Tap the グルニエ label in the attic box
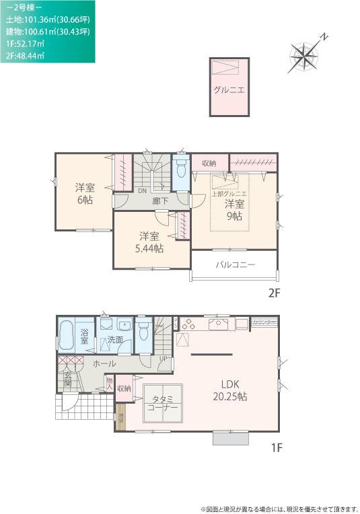(229, 89)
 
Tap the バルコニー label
(235, 265)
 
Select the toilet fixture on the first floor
(143, 332)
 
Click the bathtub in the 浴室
(66, 336)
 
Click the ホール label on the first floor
(104, 363)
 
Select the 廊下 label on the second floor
(159, 200)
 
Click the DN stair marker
(143, 190)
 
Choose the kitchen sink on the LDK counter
(219, 325)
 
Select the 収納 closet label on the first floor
(124, 389)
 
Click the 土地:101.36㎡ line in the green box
(47, 20)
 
